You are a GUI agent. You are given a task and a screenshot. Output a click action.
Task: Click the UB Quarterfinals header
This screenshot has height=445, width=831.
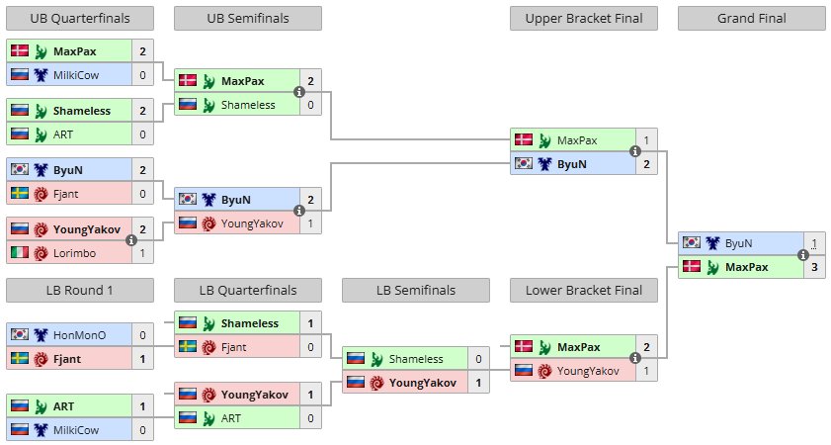pos(80,19)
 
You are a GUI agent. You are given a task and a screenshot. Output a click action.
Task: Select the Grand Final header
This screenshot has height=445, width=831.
pos(752,19)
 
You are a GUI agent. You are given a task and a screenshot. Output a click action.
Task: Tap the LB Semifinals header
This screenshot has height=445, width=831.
pos(416,290)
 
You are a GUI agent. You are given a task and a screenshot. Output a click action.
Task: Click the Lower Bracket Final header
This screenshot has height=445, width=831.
pos(584,290)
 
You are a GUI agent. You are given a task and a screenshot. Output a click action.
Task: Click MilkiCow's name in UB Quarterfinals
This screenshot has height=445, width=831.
pos(76,75)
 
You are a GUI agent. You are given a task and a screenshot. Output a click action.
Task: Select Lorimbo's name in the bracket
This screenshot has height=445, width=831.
pos(75,253)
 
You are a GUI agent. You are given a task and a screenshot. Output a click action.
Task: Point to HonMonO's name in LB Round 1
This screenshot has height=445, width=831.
pos(79,335)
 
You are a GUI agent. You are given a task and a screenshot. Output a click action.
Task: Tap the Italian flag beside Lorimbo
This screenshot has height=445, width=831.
pos(20,252)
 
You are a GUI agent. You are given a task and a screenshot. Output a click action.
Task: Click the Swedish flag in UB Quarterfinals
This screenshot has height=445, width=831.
pos(20,193)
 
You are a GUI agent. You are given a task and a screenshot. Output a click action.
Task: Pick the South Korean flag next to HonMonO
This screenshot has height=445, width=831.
pos(20,334)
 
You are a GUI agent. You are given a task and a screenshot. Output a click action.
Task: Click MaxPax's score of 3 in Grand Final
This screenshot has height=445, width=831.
pos(814,267)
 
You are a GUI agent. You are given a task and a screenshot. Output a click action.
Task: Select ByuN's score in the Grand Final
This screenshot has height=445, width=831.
pos(814,244)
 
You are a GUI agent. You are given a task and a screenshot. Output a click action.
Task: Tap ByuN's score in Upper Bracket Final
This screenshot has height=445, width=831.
pos(646,164)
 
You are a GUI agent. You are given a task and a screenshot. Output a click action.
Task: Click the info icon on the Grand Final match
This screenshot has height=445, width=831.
pos(803,255)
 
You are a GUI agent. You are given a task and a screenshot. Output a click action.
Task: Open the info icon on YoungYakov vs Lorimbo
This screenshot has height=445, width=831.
pos(131,240)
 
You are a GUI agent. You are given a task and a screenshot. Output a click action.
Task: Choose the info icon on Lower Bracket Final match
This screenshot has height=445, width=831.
pos(635,358)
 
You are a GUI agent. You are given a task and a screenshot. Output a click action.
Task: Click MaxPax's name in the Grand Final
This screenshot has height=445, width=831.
pos(747,267)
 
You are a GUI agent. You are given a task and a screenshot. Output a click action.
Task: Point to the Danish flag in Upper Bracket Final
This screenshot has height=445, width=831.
pos(524,139)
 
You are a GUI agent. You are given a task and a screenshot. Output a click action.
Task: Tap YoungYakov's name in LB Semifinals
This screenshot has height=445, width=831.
pos(423,383)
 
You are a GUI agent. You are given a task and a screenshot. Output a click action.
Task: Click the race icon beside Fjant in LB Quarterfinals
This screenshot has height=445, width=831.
pos(208,347)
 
